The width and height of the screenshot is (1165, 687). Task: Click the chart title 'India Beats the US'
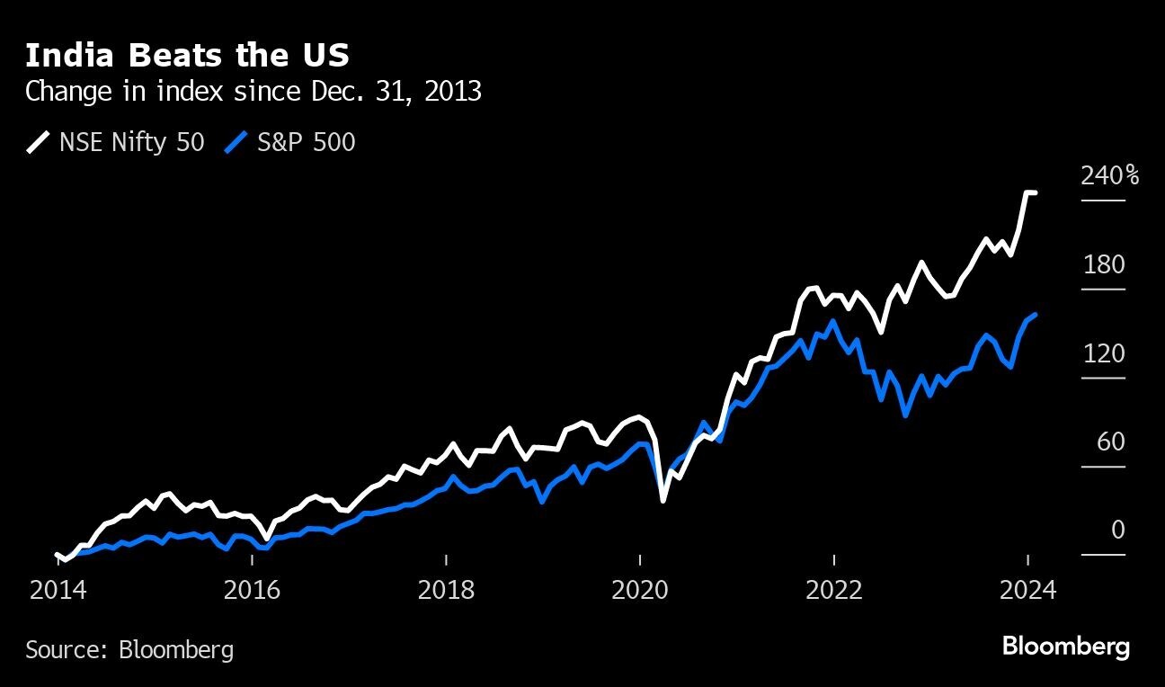[x=187, y=56]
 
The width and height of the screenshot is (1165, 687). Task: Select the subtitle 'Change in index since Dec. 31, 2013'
[x=253, y=92]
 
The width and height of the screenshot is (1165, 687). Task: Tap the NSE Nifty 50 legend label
[x=132, y=142]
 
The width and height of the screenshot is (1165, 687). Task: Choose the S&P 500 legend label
[x=307, y=142]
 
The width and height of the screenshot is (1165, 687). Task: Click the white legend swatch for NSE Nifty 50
[x=39, y=142]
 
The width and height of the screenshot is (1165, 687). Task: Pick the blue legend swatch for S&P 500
[x=236, y=142]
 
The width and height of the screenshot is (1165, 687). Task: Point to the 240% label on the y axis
[x=1109, y=176]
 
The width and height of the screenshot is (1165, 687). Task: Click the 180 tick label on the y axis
[x=1104, y=265]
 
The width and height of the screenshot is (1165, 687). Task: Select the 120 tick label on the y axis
[x=1104, y=354]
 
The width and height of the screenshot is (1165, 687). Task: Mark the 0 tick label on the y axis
[x=1117, y=531]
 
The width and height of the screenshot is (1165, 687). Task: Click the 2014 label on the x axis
[x=58, y=591]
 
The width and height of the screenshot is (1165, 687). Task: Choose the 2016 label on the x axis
[x=253, y=591]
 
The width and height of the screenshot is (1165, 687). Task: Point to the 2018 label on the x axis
[x=447, y=591]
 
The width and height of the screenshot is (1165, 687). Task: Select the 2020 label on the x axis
[x=640, y=591]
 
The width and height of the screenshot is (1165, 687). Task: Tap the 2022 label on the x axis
[x=834, y=591]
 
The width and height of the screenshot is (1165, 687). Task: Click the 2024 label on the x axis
[x=1027, y=591]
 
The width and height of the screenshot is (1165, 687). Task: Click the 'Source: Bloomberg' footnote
[x=129, y=649]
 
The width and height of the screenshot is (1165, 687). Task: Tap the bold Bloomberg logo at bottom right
[x=1065, y=647]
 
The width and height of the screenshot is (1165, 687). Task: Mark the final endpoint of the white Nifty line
[x=1035, y=192]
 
